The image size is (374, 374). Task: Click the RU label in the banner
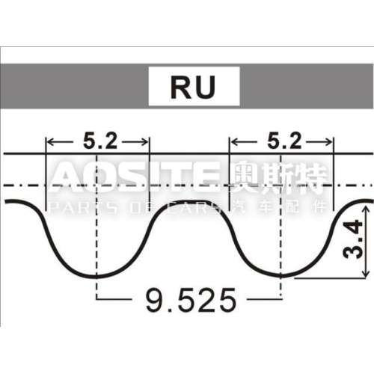(193, 88)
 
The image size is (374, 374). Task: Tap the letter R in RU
(183, 88)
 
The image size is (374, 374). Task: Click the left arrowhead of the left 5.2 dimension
(51, 140)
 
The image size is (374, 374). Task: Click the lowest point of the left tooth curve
(98, 276)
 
